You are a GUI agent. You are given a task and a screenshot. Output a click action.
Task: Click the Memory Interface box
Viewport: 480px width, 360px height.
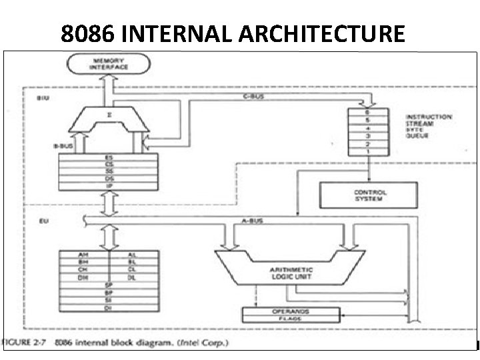coord(109,65)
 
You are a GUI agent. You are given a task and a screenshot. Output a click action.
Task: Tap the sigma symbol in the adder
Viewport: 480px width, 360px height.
coord(109,114)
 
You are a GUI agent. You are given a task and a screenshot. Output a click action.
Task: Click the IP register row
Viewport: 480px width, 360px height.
coord(109,185)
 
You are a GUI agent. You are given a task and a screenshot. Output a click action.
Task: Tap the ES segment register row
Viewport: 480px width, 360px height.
coord(109,157)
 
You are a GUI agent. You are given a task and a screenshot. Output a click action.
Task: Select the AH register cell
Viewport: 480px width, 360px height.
coord(83,255)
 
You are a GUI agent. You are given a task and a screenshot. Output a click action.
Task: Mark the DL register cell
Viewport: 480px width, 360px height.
coord(132,277)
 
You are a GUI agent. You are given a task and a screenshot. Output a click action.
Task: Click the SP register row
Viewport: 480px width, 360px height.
coord(109,285)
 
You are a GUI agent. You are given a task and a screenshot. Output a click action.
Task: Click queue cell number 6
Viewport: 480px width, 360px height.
coord(367,113)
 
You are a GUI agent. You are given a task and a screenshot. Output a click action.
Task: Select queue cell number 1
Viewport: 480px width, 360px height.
coord(367,151)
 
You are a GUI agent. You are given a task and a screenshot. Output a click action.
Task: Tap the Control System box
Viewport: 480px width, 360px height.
coord(370,195)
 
